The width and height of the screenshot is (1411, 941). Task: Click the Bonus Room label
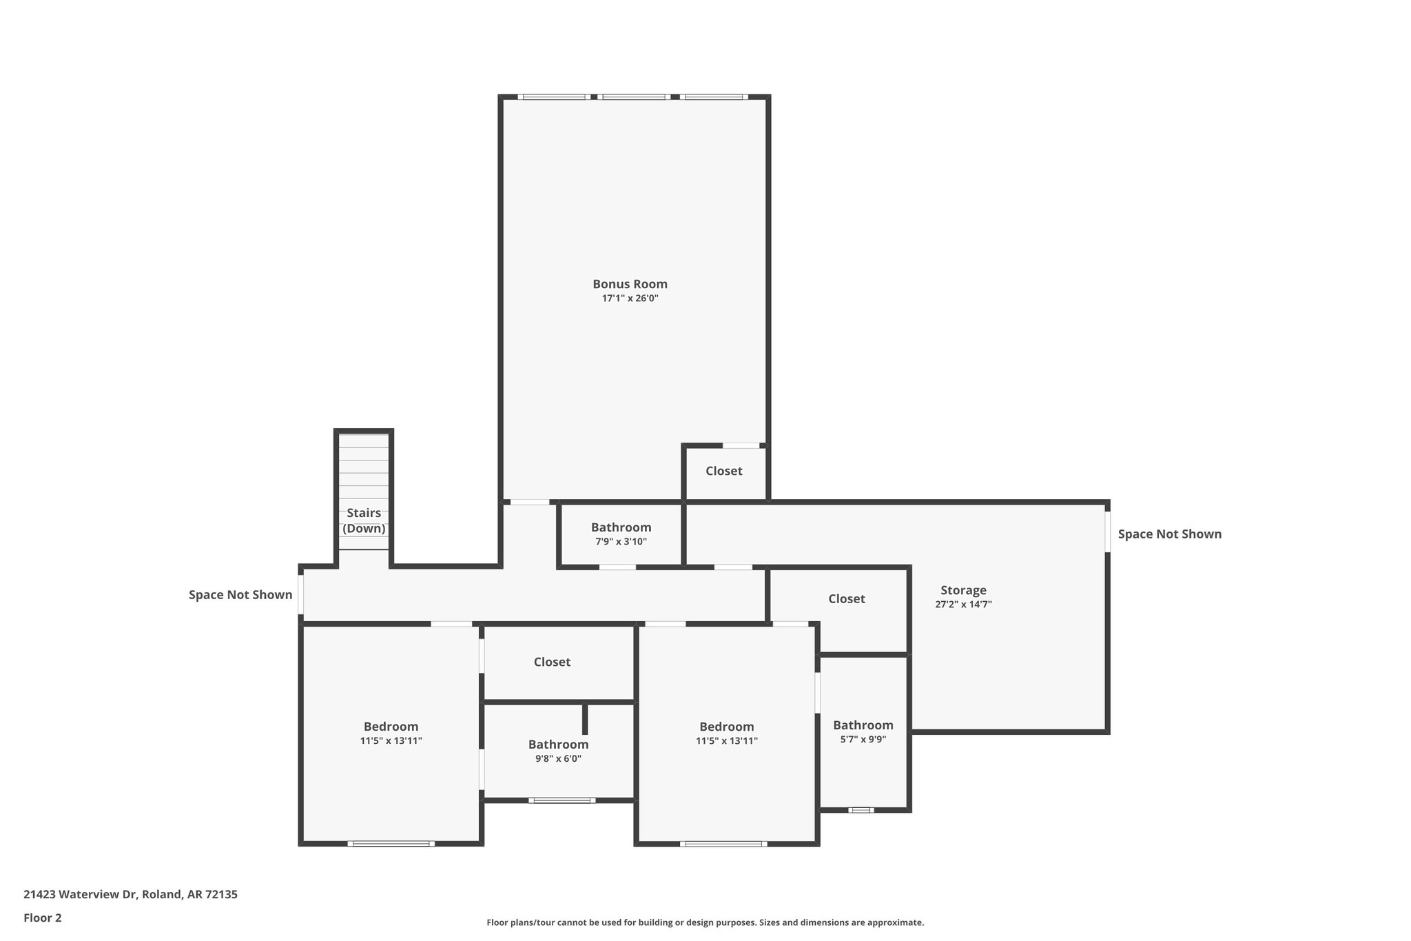pyautogui.click(x=630, y=284)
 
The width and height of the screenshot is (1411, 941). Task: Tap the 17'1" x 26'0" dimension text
pyautogui.click(x=630, y=299)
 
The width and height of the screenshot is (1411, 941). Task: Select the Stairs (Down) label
pyautogui.click(x=364, y=520)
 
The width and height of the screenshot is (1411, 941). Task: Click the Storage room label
pyautogui.click(x=963, y=590)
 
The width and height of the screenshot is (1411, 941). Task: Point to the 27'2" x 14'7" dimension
pyautogui.click(x=963, y=605)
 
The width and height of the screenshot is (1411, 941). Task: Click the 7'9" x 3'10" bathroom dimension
pyautogui.click(x=621, y=542)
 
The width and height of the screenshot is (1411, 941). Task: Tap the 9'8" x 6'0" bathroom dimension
pyautogui.click(x=558, y=758)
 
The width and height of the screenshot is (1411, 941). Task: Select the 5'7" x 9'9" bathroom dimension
pyautogui.click(x=863, y=739)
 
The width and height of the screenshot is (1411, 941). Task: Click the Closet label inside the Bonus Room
pyautogui.click(x=723, y=471)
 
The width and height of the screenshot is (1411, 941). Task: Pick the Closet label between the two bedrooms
pyautogui.click(x=552, y=662)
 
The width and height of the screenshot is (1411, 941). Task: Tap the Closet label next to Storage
pyautogui.click(x=846, y=599)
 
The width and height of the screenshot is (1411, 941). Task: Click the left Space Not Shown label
pyautogui.click(x=240, y=595)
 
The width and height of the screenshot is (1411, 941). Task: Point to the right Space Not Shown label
pyautogui.click(x=1169, y=534)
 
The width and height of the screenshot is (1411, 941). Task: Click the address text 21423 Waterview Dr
pyautogui.click(x=130, y=894)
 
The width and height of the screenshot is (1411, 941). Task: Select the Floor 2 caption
pyautogui.click(x=43, y=918)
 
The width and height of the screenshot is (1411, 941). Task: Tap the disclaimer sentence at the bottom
pyautogui.click(x=705, y=922)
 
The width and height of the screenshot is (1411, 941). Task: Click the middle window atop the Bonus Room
pyautogui.click(x=633, y=97)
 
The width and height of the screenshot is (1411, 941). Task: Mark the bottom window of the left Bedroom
pyautogui.click(x=391, y=843)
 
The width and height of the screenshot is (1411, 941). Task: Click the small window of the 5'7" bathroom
pyautogui.click(x=861, y=810)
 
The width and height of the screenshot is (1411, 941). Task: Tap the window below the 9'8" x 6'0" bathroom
pyautogui.click(x=562, y=800)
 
